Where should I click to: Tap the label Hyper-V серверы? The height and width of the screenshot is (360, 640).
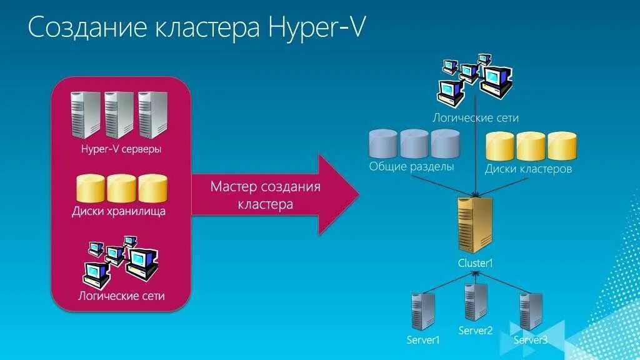pyautogui.click(x=121, y=149)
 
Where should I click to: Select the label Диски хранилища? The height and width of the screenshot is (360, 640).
pyautogui.click(x=119, y=211)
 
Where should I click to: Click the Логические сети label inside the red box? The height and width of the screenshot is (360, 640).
pyautogui.click(x=121, y=295)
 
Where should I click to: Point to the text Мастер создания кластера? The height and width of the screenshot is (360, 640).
pyautogui.click(x=265, y=195)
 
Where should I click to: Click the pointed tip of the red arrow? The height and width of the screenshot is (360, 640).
pyautogui.click(x=357, y=195)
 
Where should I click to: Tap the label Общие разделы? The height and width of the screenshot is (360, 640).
pyautogui.click(x=411, y=167)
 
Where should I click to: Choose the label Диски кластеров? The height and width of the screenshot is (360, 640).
pyautogui.click(x=528, y=169)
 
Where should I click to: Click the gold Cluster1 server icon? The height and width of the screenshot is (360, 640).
pyautogui.click(x=475, y=224)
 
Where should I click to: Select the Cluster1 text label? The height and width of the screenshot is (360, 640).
pyautogui.click(x=476, y=263)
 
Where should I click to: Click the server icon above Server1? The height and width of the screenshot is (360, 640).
pyautogui.click(x=423, y=310)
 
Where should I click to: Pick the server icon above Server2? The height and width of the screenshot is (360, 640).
pyautogui.click(x=476, y=302)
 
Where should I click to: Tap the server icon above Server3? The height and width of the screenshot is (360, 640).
pyautogui.click(x=531, y=311)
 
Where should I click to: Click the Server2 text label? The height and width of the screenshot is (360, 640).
pyautogui.click(x=476, y=331)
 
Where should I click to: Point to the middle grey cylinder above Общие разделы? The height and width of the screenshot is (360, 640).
pyautogui.click(x=414, y=143)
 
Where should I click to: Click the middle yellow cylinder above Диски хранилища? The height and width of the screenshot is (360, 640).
pyautogui.click(x=121, y=187)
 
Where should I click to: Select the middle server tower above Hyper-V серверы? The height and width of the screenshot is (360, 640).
pyautogui.click(x=119, y=114)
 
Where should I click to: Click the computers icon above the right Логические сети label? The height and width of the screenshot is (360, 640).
pyautogui.click(x=475, y=79)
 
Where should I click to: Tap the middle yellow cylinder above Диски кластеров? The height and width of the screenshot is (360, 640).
pyautogui.click(x=531, y=146)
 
